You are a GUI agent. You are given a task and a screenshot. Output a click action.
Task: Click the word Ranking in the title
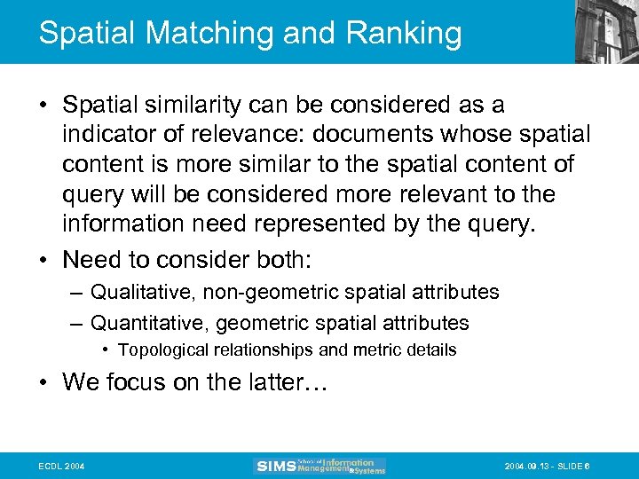coord(404,33)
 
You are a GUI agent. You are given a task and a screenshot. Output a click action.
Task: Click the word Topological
coord(162,350)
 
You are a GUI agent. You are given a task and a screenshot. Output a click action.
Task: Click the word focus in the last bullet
coord(130,382)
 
